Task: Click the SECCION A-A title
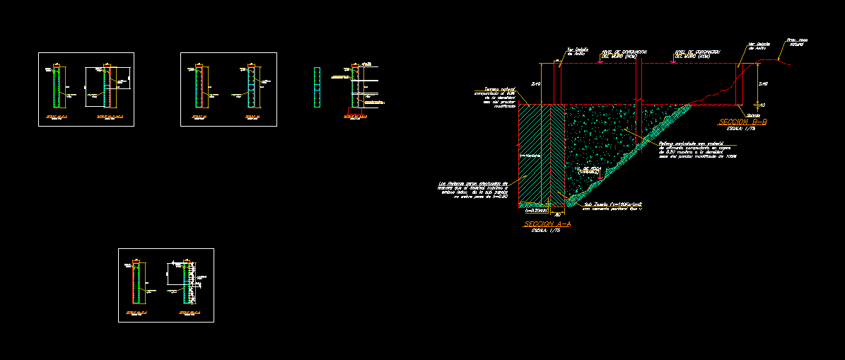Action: [x=547, y=224]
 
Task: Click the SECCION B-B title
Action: [x=742, y=122]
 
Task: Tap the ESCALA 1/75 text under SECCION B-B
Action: [x=733, y=129]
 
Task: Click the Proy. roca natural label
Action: [x=797, y=42]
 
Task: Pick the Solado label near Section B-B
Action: [x=754, y=115]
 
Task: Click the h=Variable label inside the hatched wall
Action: [x=530, y=156]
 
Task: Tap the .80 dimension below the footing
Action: [x=557, y=215]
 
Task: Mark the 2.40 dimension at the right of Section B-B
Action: [x=762, y=84]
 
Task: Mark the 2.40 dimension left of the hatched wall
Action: [x=535, y=84]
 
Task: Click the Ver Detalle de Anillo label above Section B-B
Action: [x=759, y=46]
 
